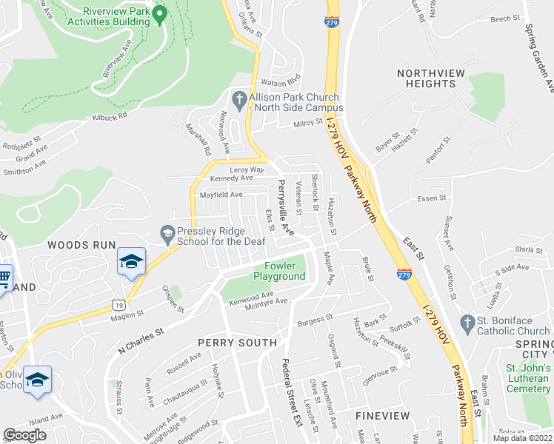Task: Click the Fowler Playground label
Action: click(279, 272)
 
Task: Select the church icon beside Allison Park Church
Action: click(239, 98)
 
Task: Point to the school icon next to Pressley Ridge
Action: click(167, 235)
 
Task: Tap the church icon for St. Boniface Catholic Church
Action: click(467, 323)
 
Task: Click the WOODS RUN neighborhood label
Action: click(81, 245)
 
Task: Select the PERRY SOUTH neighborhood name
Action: click(237, 343)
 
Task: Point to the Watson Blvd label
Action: click(278, 83)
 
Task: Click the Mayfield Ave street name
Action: click(221, 195)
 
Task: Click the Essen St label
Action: click(431, 198)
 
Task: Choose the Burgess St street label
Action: click(310, 320)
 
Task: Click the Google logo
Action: click(24, 435)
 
